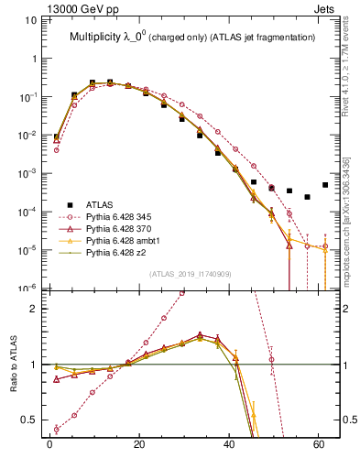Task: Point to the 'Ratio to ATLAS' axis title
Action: point(13,364)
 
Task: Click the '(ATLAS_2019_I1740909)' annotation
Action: point(190,274)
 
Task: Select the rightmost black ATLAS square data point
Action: point(325,184)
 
